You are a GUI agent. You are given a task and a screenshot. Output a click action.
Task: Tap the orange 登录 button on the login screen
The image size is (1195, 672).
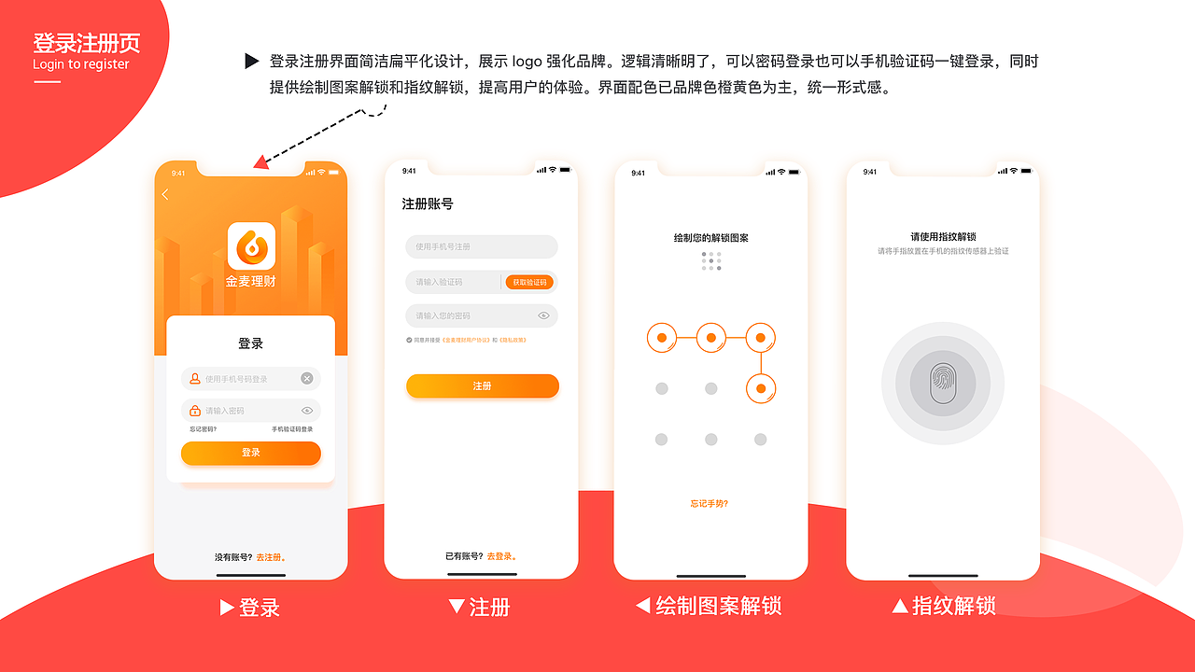250,453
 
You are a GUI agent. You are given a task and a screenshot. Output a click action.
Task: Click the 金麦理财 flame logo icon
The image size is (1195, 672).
251,245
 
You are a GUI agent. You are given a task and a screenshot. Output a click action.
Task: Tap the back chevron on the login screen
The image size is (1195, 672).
165,194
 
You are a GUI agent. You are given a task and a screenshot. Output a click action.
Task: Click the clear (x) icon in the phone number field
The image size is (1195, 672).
306,378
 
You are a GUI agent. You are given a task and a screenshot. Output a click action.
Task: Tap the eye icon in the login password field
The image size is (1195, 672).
306,411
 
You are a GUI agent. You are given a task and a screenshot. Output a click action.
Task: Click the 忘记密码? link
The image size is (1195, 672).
203,429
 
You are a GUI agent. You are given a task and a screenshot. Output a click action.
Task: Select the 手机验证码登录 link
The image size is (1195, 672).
292,429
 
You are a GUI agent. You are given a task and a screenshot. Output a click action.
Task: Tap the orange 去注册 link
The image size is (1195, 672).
271,557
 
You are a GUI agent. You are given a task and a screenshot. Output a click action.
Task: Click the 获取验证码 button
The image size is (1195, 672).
529,282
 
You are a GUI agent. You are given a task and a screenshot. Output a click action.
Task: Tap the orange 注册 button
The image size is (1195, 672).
482,386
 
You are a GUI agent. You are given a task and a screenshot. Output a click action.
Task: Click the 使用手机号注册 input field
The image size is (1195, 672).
481,246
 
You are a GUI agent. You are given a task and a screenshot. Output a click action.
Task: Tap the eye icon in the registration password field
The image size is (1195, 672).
543,315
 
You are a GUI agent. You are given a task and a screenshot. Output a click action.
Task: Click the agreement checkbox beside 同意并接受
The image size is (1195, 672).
409,340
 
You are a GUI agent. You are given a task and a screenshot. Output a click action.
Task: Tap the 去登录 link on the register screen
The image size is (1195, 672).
500,556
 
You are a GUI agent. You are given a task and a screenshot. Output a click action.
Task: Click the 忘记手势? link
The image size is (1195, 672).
710,504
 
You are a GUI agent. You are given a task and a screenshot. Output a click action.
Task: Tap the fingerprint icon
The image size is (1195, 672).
942,384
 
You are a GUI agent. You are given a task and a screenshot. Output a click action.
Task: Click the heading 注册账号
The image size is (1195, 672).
428,203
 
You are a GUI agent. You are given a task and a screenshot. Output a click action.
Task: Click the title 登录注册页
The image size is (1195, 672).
87,43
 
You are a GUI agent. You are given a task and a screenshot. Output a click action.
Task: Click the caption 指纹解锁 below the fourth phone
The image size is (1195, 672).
953,607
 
